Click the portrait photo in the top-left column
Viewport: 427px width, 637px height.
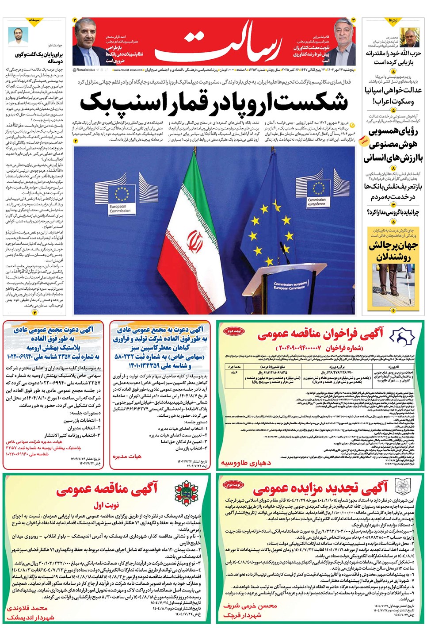click(x=18, y=35)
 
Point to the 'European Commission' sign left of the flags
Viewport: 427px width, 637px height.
click(x=120, y=208)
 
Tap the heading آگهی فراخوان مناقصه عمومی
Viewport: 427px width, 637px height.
click(x=321, y=334)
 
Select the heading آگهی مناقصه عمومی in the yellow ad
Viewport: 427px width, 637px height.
click(x=107, y=488)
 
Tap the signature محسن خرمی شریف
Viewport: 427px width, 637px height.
click(x=250, y=606)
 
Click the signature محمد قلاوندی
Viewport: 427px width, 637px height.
click(x=27, y=608)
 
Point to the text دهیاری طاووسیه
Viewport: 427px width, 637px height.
click(x=246, y=463)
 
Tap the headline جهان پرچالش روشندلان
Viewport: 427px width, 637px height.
click(x=393, y=251)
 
